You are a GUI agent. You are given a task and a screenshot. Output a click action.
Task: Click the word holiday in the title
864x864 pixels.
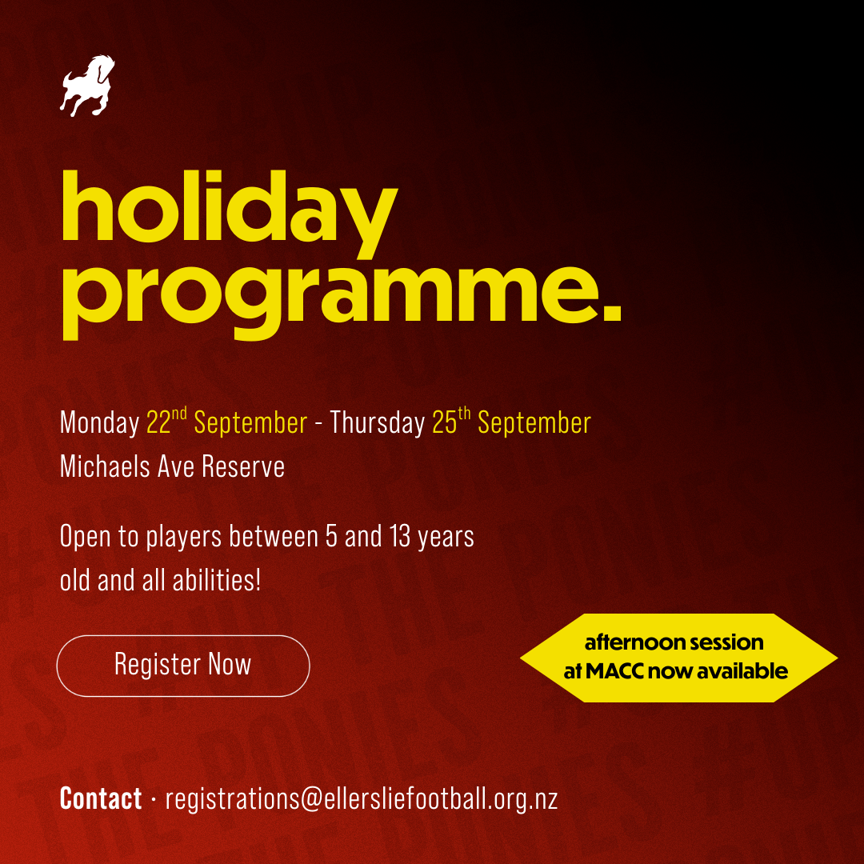pos(230,214)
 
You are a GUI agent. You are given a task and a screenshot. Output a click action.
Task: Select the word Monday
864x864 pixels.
pos(100,423)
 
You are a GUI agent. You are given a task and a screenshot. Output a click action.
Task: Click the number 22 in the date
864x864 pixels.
pos(158,422)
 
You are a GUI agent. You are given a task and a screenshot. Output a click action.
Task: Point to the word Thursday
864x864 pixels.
pos(378,423)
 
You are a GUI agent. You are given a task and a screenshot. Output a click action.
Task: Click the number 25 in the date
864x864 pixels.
pos(445,422)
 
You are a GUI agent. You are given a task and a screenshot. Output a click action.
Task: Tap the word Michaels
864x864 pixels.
pos(105,466)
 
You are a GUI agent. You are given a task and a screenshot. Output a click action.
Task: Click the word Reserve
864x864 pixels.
pos(243,466)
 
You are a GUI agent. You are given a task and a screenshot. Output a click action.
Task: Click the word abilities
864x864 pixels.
pos(217,580)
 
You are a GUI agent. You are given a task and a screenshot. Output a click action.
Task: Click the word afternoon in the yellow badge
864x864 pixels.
pos(633,642)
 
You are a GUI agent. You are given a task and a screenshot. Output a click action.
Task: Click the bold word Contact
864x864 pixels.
pos(101,798)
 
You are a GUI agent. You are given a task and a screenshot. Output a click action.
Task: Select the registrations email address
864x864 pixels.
pos(362,799)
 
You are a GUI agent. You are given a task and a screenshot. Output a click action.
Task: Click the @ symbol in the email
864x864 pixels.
pos(312,800)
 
